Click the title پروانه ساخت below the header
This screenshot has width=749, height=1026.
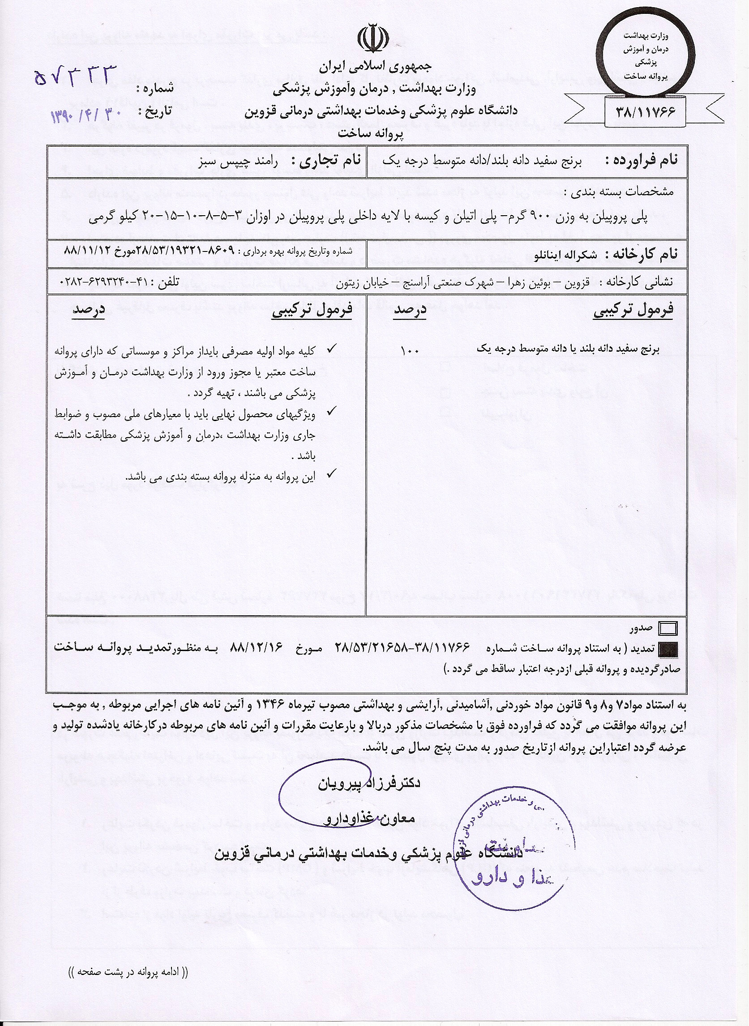pyautogui.click(x=370, y=134)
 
